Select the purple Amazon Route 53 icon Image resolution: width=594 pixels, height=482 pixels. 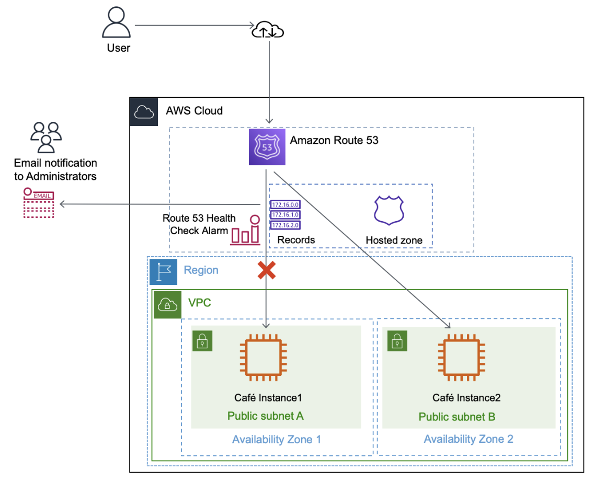pyautogui.click(x=267, y=147)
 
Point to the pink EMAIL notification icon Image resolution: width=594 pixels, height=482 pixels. pyautogui.click(x=39, y=203)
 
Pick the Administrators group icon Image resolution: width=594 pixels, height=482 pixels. pyautogui.click(x=46, y=137)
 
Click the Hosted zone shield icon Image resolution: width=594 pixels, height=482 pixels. pyautogui.click(x=390, y=210)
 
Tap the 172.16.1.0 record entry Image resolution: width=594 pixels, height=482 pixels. pyautogui.click(x=284, y=215)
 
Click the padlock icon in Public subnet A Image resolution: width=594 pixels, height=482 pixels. pyautogui.click(x=202, y=341)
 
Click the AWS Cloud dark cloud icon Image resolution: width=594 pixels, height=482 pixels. pyautogui.click(x=143, y=111)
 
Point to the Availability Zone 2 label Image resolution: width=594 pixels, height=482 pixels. pyautogui.click(x=468, y=439)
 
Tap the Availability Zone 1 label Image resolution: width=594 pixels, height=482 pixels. pyautogui.click(x=277, y=439)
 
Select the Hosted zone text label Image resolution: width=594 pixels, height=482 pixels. pyautogui.click(x=394, y=240)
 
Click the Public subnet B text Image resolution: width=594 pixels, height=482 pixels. pyautogui.click(x=456, y=417)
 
